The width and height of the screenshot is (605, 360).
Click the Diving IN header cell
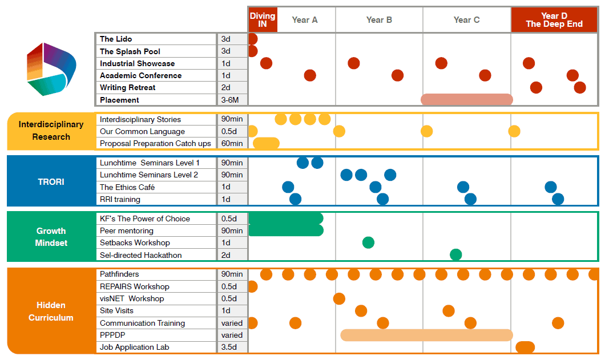click(263, 20)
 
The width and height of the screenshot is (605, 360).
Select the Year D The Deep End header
click(554, 20)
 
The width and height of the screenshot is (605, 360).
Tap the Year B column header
click(379, 20)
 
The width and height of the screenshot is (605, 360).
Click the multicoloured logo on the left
click(51, 68)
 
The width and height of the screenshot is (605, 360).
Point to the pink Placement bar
click(467, 99)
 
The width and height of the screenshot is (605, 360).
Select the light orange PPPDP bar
click(426, 335)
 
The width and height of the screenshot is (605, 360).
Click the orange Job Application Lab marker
click(525, 347)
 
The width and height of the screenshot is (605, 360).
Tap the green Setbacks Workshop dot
click(368, 242)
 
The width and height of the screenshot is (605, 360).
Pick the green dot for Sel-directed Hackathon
click(455, 254)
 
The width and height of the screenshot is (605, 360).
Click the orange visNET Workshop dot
click(339, 298)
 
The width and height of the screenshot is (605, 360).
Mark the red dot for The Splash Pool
click(252, 51)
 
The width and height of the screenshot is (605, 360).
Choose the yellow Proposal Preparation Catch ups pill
click(266, 143)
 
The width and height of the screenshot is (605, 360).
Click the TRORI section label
click(51, 181)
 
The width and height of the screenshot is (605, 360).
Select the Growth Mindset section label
click(51, 237)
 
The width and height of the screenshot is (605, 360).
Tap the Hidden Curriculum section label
click(51, 311)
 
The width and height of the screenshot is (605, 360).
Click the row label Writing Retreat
click(127, 87)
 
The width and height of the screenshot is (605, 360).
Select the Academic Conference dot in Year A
click(310, 75)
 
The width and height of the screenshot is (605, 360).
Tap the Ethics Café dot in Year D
click(551, 187)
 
